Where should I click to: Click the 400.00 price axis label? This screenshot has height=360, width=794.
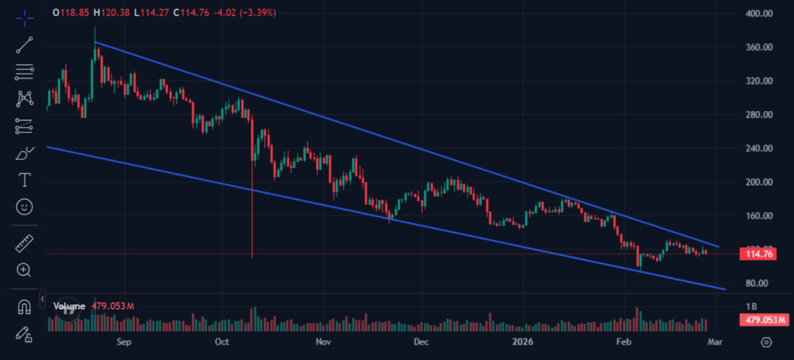click(x=756, y=13)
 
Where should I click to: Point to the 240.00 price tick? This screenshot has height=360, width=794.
click(x=756, y=148)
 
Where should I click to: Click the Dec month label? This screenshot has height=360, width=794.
click(x=421, y=341)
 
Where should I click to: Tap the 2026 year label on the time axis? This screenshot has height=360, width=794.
click(x=523, y=341)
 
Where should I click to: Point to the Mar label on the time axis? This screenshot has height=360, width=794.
click(x=715, y=341)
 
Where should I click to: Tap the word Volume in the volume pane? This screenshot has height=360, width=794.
click(x=68, y=306)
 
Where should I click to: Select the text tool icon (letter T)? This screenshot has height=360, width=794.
click(x=25, y=180)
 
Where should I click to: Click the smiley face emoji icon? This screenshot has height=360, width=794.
click(x=25, y=207)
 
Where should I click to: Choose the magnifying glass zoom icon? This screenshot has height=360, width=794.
click(x=25, y=270)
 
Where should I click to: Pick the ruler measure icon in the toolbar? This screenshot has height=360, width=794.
click(x=25, y=244)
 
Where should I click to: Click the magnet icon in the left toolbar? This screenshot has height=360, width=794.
click(x=25, y=306)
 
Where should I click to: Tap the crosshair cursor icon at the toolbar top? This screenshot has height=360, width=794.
click(x=25, y=17)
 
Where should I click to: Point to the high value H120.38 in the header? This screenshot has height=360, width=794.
click(x=109, y=13)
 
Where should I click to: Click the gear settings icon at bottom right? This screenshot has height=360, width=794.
click(x=767, y=341)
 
